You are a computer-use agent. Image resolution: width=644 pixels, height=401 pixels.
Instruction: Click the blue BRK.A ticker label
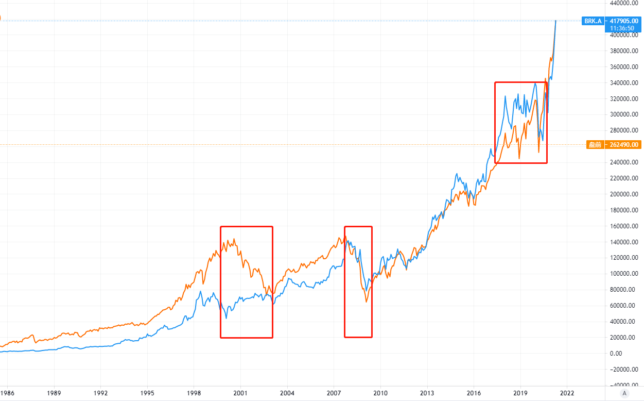592,21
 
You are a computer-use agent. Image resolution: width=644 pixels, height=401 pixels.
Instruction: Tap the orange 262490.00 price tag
624,145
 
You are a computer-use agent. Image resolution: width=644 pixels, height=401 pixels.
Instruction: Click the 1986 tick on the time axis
7,392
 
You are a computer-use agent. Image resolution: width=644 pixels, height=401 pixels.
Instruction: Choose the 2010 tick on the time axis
380,392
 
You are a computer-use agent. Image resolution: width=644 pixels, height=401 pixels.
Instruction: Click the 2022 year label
567,392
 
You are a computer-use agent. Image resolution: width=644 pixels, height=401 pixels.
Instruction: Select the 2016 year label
474,392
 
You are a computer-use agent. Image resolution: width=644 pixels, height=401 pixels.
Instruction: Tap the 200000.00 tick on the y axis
624,194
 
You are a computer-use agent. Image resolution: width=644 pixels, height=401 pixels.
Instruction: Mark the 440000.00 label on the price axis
624,3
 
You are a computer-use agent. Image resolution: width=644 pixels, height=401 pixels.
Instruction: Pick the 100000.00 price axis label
624,274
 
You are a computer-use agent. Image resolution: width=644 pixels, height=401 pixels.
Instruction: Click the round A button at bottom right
624,393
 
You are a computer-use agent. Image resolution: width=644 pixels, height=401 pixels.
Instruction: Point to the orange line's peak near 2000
234,239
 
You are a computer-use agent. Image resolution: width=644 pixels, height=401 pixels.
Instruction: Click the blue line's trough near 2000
227,319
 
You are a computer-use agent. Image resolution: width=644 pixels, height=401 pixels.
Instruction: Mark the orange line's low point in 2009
366,302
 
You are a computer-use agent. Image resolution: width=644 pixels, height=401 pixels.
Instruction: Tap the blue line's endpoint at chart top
555,21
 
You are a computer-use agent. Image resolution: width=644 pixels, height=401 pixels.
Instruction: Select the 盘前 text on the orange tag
595,145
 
